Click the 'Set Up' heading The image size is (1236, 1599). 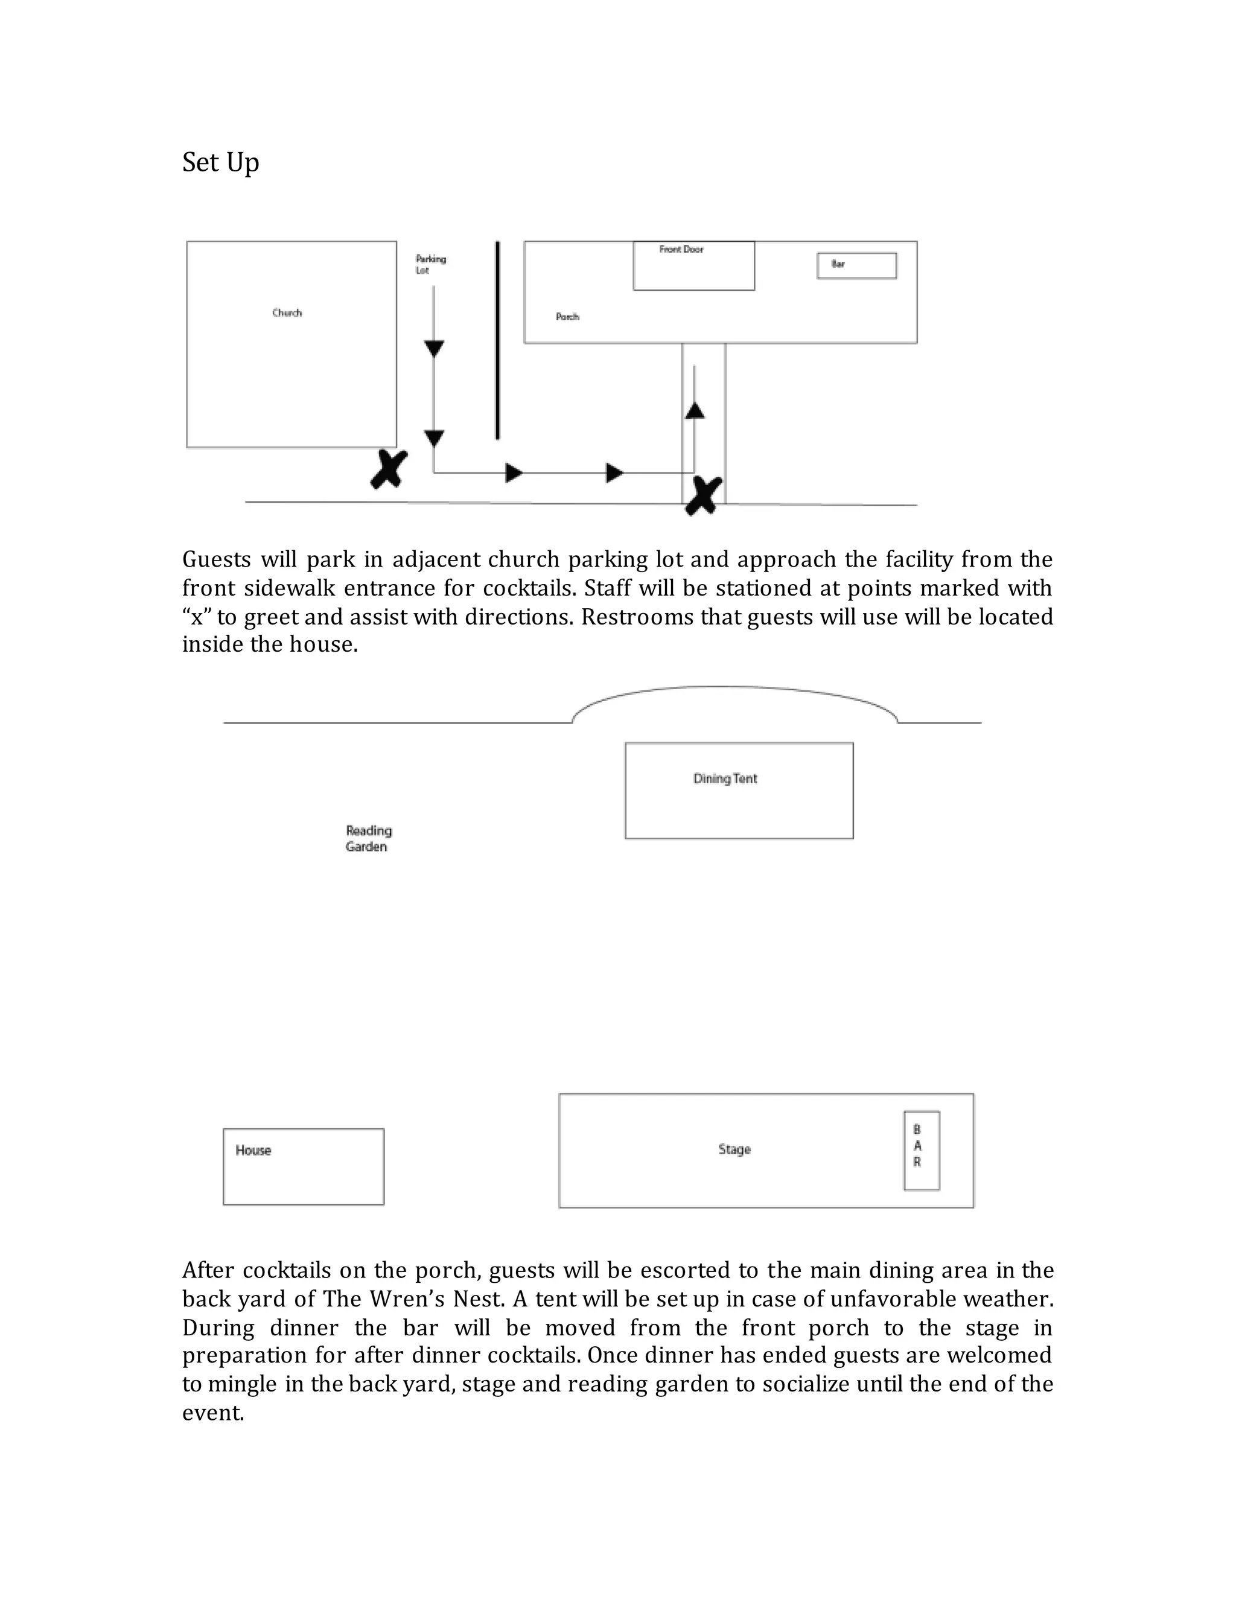220,162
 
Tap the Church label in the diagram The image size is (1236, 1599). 287,313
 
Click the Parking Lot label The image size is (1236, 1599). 430,264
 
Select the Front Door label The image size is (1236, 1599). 681,250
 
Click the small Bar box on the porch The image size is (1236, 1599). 856,265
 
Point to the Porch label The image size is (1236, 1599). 567,316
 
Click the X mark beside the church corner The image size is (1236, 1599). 389,469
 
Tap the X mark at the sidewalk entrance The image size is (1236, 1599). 703,495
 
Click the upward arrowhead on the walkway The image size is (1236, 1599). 694,411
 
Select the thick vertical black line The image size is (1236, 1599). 498,340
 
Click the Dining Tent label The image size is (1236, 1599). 725,778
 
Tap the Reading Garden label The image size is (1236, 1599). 368,838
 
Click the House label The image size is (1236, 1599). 253,1150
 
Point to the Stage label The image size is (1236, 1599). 734,1149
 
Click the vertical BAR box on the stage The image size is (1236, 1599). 921,1150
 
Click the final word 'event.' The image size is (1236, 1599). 213,1413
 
